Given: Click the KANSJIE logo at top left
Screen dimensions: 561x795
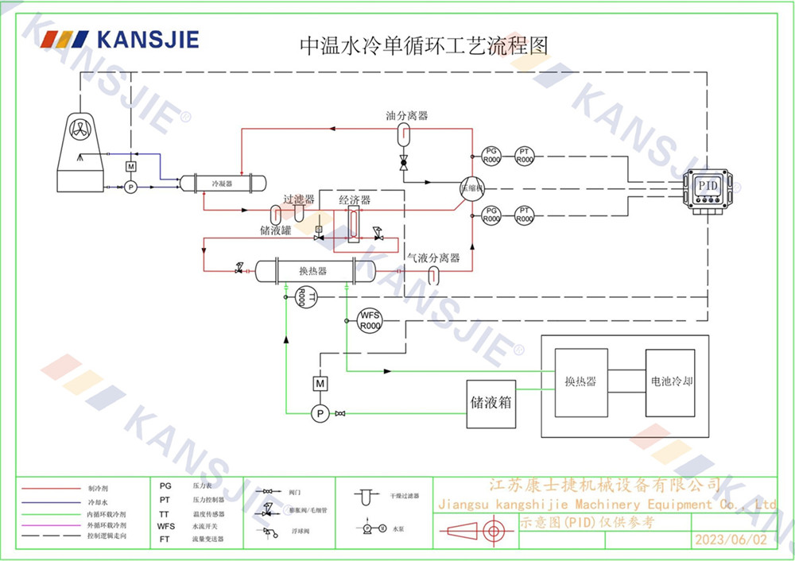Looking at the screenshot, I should click(120, 40).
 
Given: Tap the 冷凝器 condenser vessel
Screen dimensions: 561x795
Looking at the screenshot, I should click(221, 183).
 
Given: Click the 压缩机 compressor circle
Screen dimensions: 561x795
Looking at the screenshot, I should click(471, 188).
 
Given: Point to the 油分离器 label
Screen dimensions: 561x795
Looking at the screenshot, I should click(406, 116).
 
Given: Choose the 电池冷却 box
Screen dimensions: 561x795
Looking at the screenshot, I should click(670, 381).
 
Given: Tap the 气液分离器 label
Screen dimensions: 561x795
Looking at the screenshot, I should click(433, 258).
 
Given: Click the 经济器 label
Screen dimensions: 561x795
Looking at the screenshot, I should click(355, 199).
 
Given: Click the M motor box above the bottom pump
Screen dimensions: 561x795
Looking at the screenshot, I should click(320, 385).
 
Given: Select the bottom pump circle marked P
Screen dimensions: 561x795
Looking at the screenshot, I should click(320, 412).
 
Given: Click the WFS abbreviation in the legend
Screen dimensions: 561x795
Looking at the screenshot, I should click(165, 526).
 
